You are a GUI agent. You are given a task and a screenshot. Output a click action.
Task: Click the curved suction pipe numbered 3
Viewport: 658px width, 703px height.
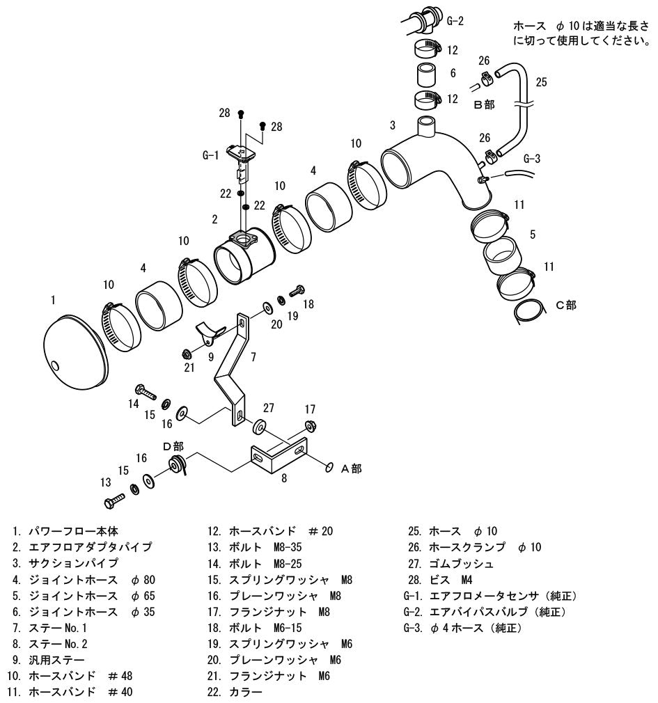[x=444, y=168]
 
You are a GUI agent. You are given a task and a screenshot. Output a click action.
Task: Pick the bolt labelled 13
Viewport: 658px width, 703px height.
[x=114, y=500]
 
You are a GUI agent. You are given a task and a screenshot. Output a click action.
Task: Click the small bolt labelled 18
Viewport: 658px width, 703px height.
[x=297, y=290]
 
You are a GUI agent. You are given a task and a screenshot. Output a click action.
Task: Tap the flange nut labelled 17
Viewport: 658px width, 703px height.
[x=309, y=425]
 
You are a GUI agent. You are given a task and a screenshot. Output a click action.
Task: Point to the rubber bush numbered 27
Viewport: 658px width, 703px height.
[x=260, y=427]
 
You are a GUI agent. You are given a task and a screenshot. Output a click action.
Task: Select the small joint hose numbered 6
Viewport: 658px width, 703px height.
[x=426, y=75]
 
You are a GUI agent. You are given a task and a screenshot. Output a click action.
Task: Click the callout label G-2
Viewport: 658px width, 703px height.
[x=455, y=21]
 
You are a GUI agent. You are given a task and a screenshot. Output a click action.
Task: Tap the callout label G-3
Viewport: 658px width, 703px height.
[x=532, y=159]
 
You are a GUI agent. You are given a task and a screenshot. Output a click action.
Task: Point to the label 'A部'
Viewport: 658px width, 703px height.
[x=351, y=469]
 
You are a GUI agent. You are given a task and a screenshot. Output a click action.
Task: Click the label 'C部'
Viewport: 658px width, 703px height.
[x=566, y=306]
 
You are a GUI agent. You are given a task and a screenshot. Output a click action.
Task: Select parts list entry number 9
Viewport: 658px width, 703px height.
[x=49, y=660]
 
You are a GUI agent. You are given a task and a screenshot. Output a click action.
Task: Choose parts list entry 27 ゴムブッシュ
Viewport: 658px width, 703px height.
[x=451, y=564]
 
